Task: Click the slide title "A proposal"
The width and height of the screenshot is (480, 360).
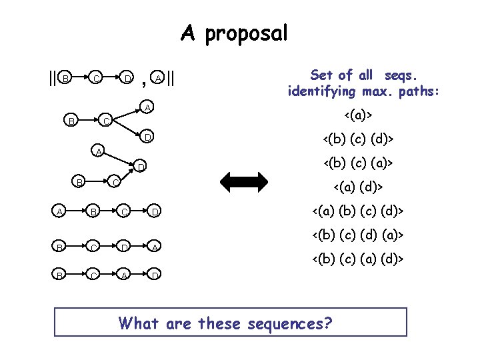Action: (234, 33)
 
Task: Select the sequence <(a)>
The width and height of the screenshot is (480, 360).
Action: (358, 117)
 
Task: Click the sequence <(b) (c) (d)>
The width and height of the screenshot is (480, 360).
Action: (358, 139)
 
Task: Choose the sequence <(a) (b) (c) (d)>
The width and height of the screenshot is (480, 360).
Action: (358, 213)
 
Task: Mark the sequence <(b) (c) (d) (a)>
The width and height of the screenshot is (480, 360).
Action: (358, 235)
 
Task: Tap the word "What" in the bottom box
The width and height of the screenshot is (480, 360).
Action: (138, 323)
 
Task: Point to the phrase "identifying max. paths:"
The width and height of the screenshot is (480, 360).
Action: (363, 91)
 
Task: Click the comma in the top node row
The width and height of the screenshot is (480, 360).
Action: (145, 83)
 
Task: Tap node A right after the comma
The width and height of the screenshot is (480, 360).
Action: (157, 78)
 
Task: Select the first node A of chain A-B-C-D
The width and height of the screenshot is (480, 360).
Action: (61, 213)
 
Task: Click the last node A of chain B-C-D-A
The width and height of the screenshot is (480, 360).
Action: (155, 247)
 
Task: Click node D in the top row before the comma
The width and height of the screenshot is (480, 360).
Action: (127, 79)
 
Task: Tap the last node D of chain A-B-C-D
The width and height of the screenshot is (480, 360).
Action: (155, 213)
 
